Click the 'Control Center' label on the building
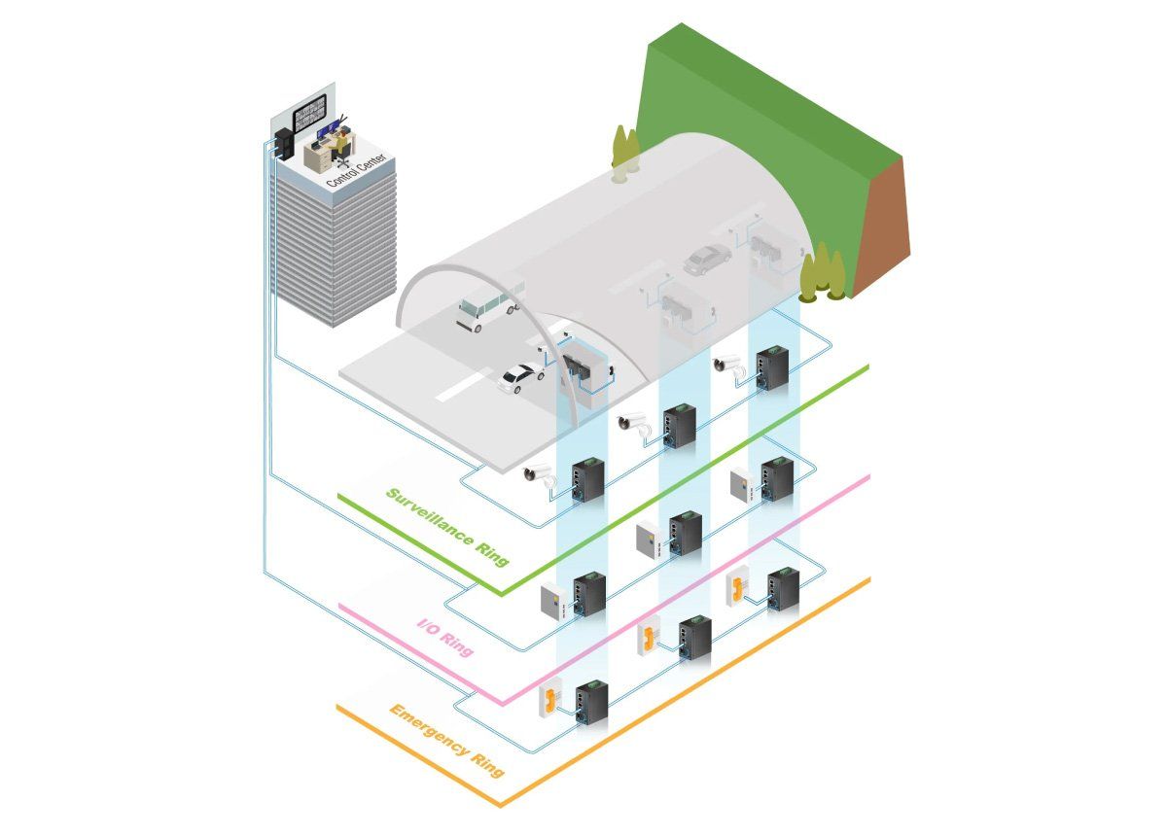[356, 169]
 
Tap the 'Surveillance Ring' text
[447, 527]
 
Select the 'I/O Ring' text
[446, 638]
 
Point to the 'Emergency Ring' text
[447, 740]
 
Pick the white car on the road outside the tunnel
[521, 377]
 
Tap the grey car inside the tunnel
[707, 259]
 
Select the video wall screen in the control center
[309, 113]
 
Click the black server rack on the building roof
[284, 143]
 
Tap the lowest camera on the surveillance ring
[539, 475]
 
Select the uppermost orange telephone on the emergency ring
[738, 587]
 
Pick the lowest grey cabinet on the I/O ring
[555, 602]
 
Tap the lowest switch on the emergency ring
[591, 703]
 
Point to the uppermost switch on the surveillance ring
[772, 369]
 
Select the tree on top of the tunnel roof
[624, 155]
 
